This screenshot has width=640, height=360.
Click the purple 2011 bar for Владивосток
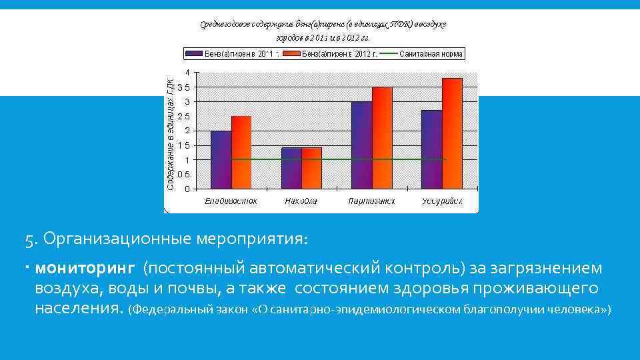pos(221,159)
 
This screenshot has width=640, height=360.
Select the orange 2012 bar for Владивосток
pos(241,152)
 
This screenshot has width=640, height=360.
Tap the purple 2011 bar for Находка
pos(291,167)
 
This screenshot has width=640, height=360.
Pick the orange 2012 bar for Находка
pos(311,167)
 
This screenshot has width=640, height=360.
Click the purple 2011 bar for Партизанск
pos(362,145)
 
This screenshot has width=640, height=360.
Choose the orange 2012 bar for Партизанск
pos(382,137)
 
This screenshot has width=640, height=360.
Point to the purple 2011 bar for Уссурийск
pos(432,149)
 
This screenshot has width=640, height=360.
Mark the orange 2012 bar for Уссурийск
pos(452,133)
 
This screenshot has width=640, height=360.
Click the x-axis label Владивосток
pos(231,201)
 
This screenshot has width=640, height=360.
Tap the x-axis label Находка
pos(301,201)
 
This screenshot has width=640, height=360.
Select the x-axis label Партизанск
pos(372,201)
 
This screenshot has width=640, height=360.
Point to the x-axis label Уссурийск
pos(442,201)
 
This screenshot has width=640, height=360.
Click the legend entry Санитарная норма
pos(431,54)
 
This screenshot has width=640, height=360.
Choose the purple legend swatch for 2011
pos(194,54)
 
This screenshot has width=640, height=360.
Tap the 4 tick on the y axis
pos(187,72)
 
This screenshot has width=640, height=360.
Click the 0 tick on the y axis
pos(187,189)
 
